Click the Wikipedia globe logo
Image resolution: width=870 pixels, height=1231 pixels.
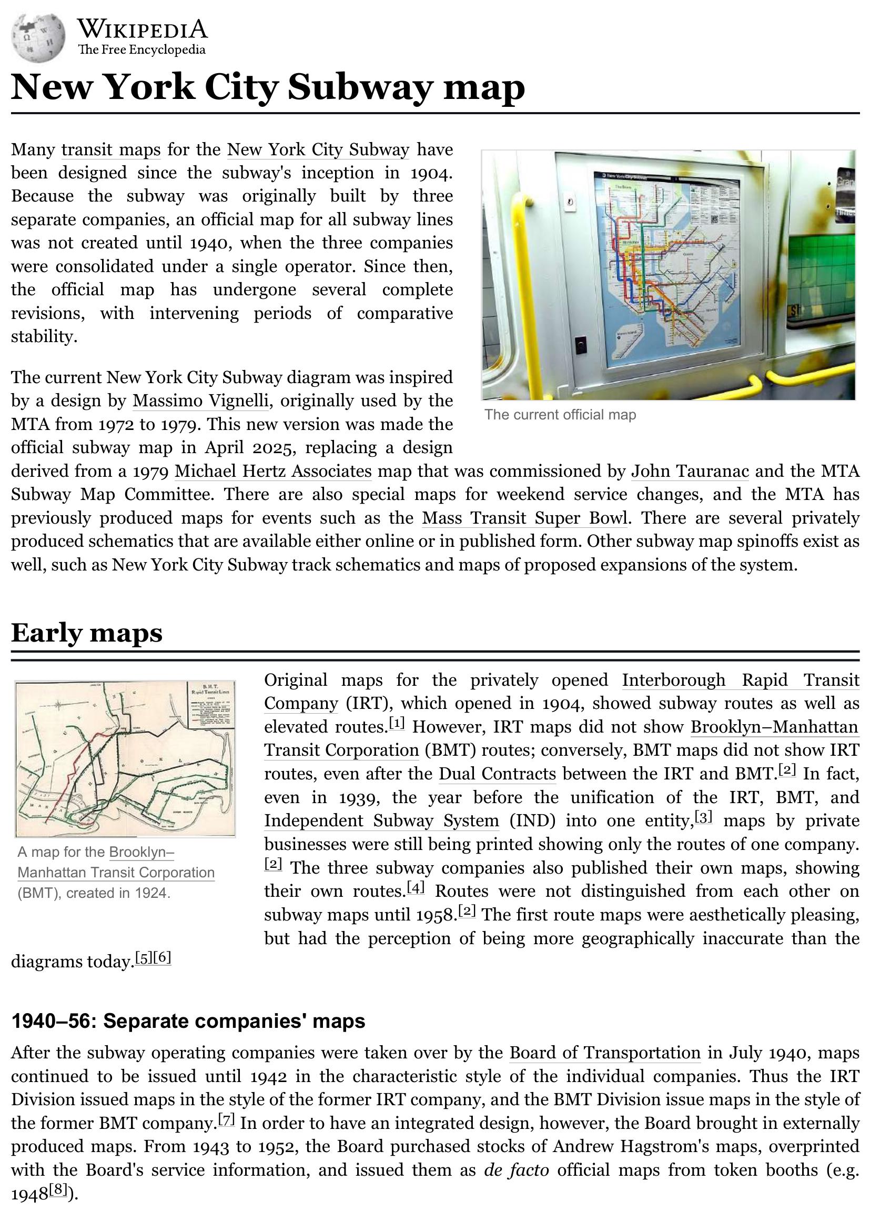coord(39,37)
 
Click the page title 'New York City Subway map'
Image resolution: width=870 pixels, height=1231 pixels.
coord(267,87)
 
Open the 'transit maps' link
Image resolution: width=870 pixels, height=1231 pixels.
coord(111,149)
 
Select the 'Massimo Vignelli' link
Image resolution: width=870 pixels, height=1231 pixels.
coord(200,401)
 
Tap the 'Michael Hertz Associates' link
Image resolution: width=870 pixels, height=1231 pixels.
coord(273,471)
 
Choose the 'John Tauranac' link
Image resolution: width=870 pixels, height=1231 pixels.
coord(690,471)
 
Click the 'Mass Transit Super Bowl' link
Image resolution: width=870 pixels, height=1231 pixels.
coord(524,518)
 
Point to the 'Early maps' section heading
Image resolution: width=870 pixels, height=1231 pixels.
coord(87,633)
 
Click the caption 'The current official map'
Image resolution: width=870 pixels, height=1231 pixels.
coord(560,415)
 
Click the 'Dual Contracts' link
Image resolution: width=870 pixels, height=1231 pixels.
coord(497,774)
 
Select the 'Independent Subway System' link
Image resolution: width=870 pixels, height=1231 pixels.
coord(381,821)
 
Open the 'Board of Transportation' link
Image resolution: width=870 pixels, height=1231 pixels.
coord(605,1053)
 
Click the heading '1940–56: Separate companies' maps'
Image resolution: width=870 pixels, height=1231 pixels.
coord(188,1022)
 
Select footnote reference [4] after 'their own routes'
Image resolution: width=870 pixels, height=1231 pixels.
coord(416,888)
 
